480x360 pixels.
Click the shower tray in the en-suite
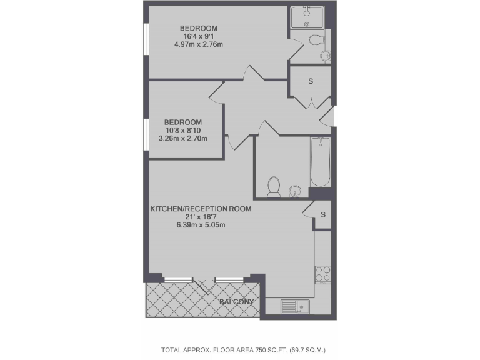307,17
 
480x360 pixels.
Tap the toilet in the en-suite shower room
316,41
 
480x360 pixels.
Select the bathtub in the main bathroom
320,162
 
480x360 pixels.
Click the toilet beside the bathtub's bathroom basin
274,186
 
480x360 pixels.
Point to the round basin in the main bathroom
295,191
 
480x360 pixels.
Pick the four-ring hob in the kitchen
322,274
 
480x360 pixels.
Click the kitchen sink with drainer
294,306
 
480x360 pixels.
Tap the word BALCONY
237,302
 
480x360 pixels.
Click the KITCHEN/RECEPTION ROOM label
201,209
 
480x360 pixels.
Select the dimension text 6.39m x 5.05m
201,225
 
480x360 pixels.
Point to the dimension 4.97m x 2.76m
199,44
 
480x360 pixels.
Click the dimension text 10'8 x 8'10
183,130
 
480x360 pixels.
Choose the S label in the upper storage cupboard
311,82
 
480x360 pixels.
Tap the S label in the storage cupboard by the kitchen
323,215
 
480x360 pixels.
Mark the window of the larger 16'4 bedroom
146,47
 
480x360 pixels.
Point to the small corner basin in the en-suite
325,56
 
